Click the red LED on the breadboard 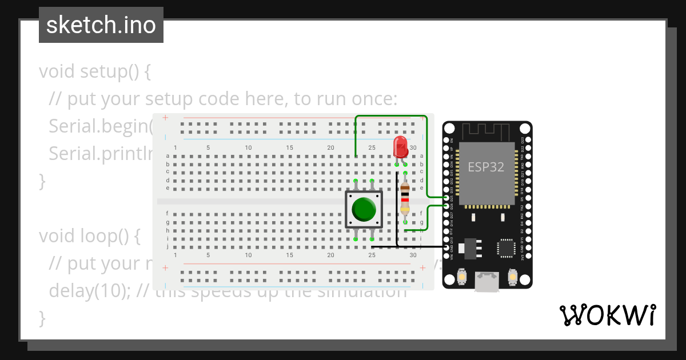401,146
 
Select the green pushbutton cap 364,209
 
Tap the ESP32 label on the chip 486,167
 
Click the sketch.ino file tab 101,25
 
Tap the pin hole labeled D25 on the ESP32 446,197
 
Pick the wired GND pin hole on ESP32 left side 446,247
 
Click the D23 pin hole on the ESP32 527,139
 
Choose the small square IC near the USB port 506,248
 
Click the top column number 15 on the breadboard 290,147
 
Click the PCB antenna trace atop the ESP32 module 486,130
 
